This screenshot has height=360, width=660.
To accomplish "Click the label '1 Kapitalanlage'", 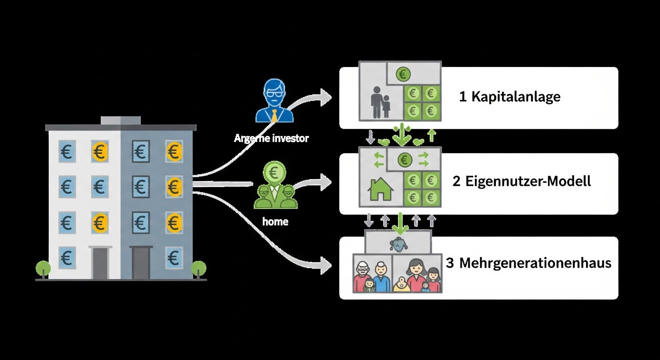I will [x=510, y=97].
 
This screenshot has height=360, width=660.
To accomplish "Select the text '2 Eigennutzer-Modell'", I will [x=522, y=181].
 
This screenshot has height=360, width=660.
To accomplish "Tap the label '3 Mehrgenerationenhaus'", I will [x=529, y=263].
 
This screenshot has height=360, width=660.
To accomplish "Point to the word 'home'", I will [x=275, y=222].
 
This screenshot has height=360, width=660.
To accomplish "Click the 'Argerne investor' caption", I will [x=271, y=139].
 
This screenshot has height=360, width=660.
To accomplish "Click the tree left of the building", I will [x=43, y=269].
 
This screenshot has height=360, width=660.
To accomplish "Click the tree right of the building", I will [x=199, y=269].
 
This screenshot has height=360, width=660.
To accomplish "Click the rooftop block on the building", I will [x=120, y=120].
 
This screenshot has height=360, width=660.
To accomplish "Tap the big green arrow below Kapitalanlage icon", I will [x=401, y=135].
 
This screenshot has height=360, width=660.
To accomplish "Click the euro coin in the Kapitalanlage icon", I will [x=403, y=74].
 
